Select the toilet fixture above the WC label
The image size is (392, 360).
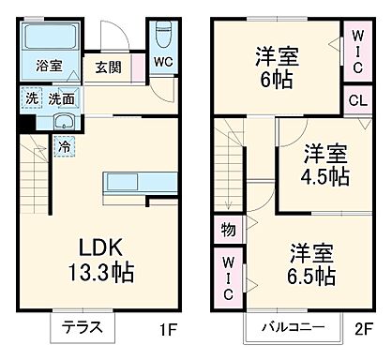click(163, 36)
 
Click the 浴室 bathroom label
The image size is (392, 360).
click(49, 67)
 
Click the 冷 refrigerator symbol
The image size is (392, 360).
click(63, 146)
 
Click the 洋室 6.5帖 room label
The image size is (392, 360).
click(311, 263)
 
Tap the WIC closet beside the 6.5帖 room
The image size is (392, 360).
click(229, 277)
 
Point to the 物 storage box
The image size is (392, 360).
click(229, 228)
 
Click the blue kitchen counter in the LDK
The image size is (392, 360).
click(133, 182)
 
